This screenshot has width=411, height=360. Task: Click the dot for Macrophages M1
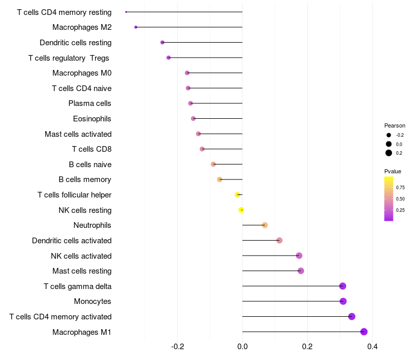[364, 332]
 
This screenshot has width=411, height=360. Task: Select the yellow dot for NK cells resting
[241, 210]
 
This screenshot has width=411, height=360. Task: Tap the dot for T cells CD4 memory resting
[126, 12]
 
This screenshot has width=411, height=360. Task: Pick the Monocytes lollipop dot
[343, 301]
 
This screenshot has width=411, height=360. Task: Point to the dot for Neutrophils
[265, 225]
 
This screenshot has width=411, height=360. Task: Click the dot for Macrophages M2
[136, 27]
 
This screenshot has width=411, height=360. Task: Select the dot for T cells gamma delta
[343, 286]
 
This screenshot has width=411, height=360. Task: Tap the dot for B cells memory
[220, 179]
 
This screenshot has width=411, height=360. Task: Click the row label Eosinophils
[92, 119]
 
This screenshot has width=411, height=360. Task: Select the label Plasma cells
[90, 103]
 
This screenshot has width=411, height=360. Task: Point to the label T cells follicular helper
[74, 195]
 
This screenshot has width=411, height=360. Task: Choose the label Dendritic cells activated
[71, 241]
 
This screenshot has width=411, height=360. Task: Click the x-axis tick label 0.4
[372, 347]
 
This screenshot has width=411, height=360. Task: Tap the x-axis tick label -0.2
[177, 347]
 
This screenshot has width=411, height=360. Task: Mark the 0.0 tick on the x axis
[242, 347]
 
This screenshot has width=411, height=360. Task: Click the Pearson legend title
[395, 125]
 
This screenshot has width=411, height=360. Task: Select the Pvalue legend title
[393, 171]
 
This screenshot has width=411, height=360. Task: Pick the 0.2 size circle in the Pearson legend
[389, 153]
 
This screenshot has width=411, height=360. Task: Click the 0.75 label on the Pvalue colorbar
[400, 188]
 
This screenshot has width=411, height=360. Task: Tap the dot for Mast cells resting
[301, 271]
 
